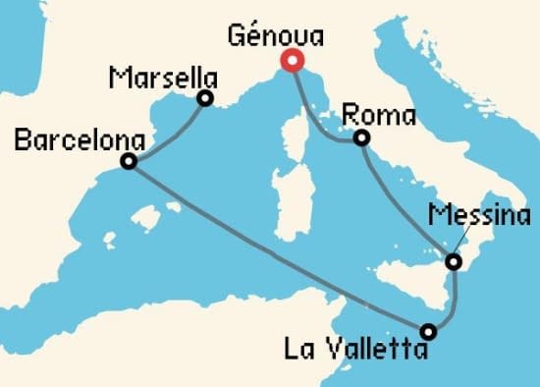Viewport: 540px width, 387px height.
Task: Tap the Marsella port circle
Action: (205, 97)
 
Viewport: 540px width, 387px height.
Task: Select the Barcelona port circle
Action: (128, 162)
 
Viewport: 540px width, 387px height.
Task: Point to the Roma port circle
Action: (362, 138)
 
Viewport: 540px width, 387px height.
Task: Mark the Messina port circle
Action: (453, 262)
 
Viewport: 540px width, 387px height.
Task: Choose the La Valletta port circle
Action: (429, 331)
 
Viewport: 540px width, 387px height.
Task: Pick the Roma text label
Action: (378, 116)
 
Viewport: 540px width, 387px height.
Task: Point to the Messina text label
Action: (481, 215)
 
